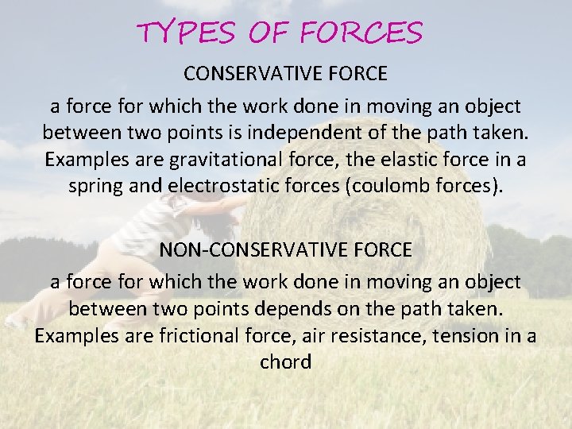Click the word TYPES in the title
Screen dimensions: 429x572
[x=185, y=33]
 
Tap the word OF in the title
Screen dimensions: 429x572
[x=271, y=33]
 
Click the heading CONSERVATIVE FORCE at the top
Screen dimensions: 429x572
[x=286, y=74]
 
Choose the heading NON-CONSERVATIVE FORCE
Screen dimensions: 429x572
[x=286, y=249]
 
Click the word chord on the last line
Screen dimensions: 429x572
[x=286, y=363]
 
